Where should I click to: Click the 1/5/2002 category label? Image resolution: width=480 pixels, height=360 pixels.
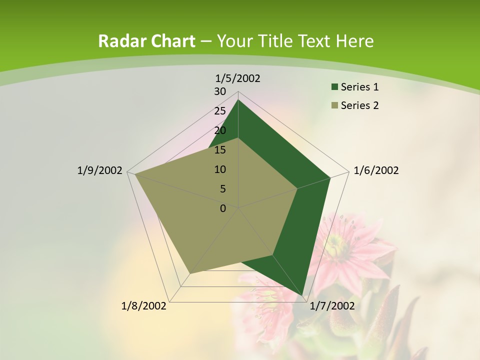(238, 78)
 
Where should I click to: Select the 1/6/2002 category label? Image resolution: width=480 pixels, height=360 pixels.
(376, 170)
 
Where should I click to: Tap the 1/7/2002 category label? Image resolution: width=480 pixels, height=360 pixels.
(332, 306)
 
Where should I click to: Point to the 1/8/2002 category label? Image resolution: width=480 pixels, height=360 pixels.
(144, 306)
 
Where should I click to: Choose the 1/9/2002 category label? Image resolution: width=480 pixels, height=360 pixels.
(99, 170)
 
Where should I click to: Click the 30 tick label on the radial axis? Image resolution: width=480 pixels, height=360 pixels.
(220, 91)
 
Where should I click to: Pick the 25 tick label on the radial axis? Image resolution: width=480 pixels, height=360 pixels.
(220, 111)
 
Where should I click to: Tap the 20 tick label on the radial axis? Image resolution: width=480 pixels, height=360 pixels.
(220, 130)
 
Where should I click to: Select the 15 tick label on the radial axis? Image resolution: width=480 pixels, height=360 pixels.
(220, 150)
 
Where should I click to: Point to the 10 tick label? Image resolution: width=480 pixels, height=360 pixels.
(220, 169)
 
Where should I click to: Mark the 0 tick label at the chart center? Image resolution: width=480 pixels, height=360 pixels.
(223, 208)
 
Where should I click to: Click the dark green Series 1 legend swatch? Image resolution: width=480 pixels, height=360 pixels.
(334, 87)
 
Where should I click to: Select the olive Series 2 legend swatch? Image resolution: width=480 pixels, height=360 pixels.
(334, 105)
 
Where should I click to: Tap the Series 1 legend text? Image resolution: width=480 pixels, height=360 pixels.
(359, 87)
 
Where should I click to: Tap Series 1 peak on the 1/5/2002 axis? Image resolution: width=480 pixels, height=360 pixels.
(238, 99)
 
